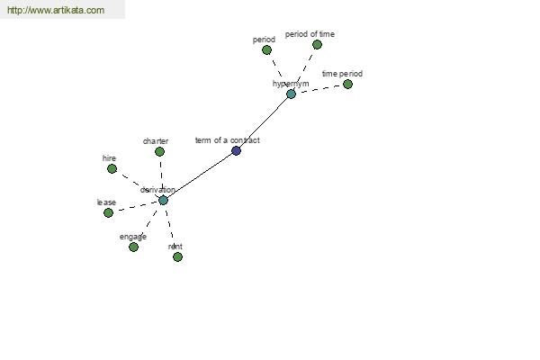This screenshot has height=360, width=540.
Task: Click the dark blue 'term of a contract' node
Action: point(236,150)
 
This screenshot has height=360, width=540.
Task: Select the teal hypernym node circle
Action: point(291,94)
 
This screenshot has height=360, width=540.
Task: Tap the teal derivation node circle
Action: point(163,200)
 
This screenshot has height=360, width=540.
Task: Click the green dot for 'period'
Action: point(266,50)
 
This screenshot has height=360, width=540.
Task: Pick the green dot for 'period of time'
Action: point(317,44)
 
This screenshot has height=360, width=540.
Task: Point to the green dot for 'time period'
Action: point(347,85)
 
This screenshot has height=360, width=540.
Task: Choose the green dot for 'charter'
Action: point(159,151)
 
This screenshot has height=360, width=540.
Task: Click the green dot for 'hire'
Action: point(112,168)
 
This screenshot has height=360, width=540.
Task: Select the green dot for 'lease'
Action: point(108,212)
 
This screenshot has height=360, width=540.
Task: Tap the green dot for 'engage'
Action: point(133,247)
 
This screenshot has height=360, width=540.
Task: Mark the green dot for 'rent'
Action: point(177,256)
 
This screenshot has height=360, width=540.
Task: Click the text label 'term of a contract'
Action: point(227,140)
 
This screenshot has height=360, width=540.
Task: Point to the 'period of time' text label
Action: point(310,34)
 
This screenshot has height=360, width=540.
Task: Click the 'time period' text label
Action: point(342,74)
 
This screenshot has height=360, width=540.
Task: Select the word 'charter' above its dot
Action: point(156,141)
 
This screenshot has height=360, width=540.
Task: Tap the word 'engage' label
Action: point(133,237)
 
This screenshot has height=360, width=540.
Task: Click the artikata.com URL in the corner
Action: point(55,11)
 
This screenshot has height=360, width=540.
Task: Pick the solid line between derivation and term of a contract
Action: point(200,175)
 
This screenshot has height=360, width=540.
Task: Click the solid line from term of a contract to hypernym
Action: point(264,121)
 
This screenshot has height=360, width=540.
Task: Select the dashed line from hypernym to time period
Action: point(319,88)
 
